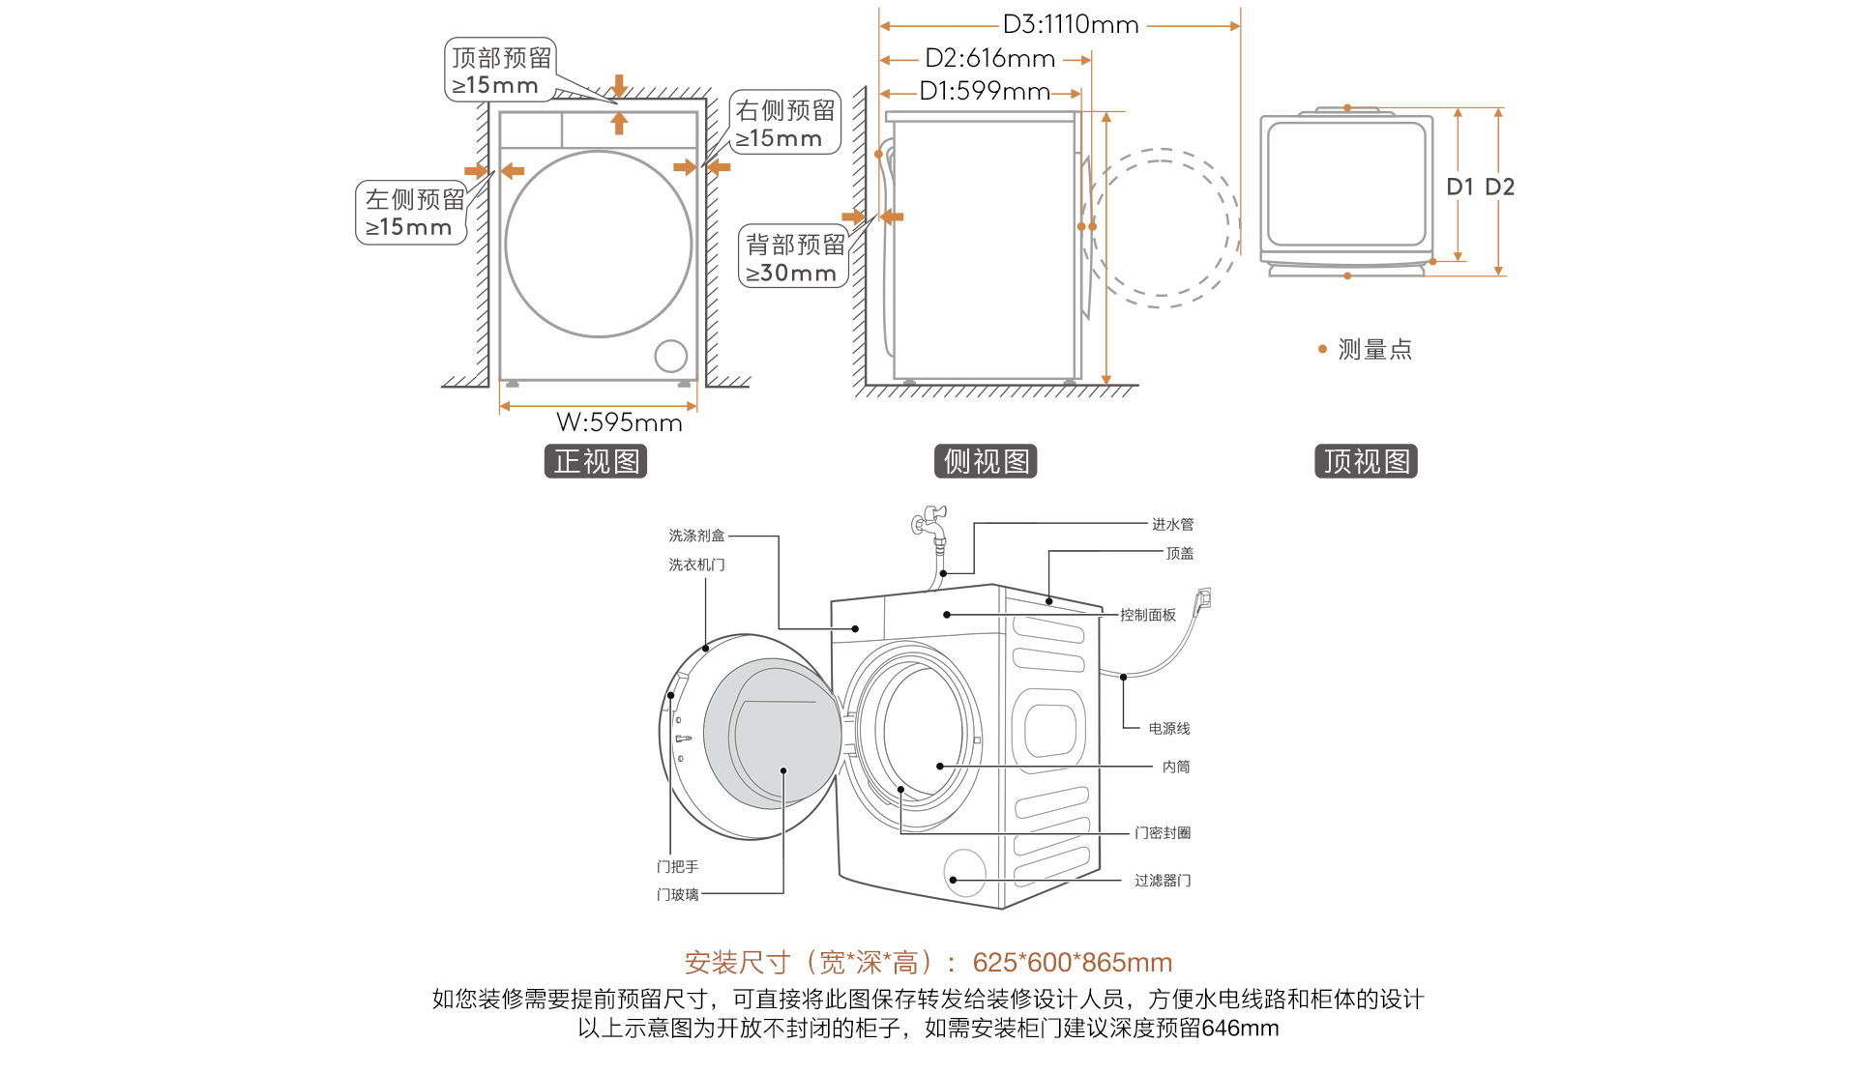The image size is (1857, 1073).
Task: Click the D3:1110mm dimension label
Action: pos(1070,25)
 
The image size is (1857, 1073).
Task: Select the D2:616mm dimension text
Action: pos(989,59)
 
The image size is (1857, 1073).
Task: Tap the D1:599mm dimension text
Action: pos(985,92)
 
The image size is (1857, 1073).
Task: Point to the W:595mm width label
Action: pos(619,422)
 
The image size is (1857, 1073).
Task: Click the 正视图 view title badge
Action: pos(596,462)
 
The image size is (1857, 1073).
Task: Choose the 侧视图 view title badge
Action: pos(986,462)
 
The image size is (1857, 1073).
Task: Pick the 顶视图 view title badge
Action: pos(1365,462)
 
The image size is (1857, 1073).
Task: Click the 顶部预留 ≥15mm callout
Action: pos(500,71)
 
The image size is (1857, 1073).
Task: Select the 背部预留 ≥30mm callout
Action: pos(793,258)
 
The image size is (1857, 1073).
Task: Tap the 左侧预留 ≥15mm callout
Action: pos(412,213)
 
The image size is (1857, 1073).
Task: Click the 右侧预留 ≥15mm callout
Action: pos(784,124)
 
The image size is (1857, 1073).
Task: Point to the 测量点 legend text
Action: pos(1374,350)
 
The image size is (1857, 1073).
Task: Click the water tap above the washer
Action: pos(931,523)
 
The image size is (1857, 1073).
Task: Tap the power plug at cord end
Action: pos(1203,599)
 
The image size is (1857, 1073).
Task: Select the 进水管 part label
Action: pos(1172,525)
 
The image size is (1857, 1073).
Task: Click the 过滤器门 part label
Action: pos(1163,881)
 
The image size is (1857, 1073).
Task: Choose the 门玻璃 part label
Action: pos(677,895)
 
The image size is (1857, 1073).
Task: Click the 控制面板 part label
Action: pos(1148,616)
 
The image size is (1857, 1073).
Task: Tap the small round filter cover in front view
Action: pos(670,356)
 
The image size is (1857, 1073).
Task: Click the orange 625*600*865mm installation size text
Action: pos(1072,963)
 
